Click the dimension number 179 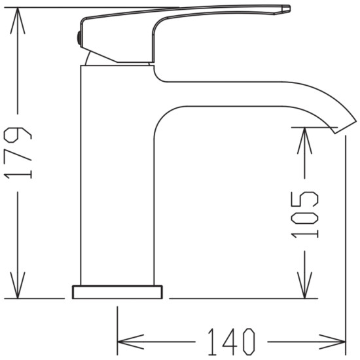(x=18, y=153)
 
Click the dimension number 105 (x=304, y=215)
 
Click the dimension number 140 (x=231, y=342)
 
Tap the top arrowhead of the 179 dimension (x=18, y=21)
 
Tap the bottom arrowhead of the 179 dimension (x=18, y=285)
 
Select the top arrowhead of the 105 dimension (x=304, y=141)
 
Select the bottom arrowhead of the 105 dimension (x=304, y=285)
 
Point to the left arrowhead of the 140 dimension (x=131, y=342)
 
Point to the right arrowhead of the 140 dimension (x=333, y=342)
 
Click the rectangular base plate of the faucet (x=117, y=292)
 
